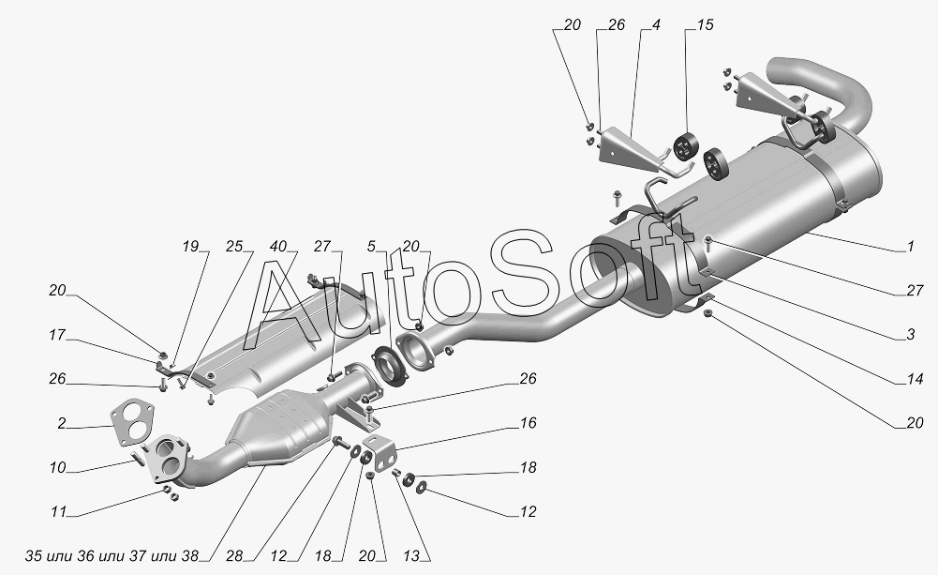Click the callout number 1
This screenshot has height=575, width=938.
[909, 249]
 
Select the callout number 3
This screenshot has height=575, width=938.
[909, 334]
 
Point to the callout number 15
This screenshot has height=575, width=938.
[705, 25]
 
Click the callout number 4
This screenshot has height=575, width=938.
[656, 25]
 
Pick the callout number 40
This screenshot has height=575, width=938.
[279, 248]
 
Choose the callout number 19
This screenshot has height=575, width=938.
[191, 248]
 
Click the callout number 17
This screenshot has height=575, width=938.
[57, 335]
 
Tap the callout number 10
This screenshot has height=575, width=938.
[57, 467]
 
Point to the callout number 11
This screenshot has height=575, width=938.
[57, 512]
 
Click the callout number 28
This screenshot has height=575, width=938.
[234, 556]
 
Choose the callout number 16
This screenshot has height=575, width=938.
[529, 424]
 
